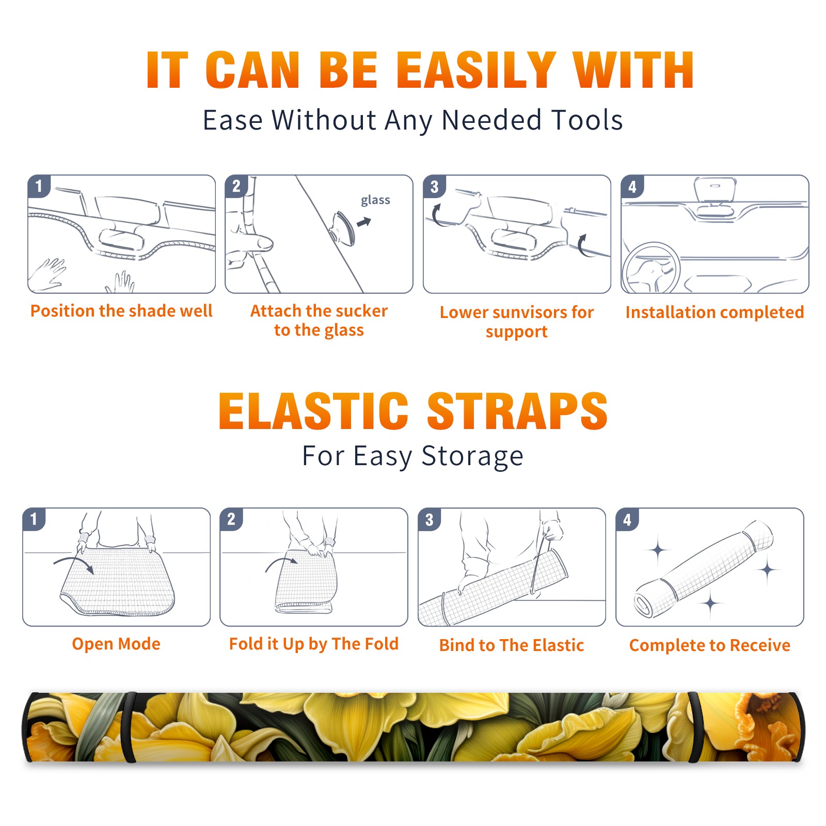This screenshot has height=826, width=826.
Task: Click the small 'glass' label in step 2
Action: [375, 200]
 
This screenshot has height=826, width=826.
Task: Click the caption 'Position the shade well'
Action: [121, 311]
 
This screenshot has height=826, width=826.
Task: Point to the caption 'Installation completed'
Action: [714, 312]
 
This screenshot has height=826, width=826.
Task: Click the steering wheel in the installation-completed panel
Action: [652, 267]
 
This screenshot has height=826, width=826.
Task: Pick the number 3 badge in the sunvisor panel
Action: [434, 187]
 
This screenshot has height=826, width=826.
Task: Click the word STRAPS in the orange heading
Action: [517, 411]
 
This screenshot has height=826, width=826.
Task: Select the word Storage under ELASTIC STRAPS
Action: [472, 457]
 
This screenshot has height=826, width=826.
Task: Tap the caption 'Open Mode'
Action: [116, 644]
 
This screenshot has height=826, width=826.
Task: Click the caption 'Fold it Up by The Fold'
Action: [314, 644]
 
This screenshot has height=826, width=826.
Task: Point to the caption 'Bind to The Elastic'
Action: [512, 645]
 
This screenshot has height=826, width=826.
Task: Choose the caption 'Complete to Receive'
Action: [710, 645]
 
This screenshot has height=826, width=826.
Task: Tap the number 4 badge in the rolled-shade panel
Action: [627, 519]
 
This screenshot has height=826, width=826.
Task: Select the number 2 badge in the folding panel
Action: [231, 519]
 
